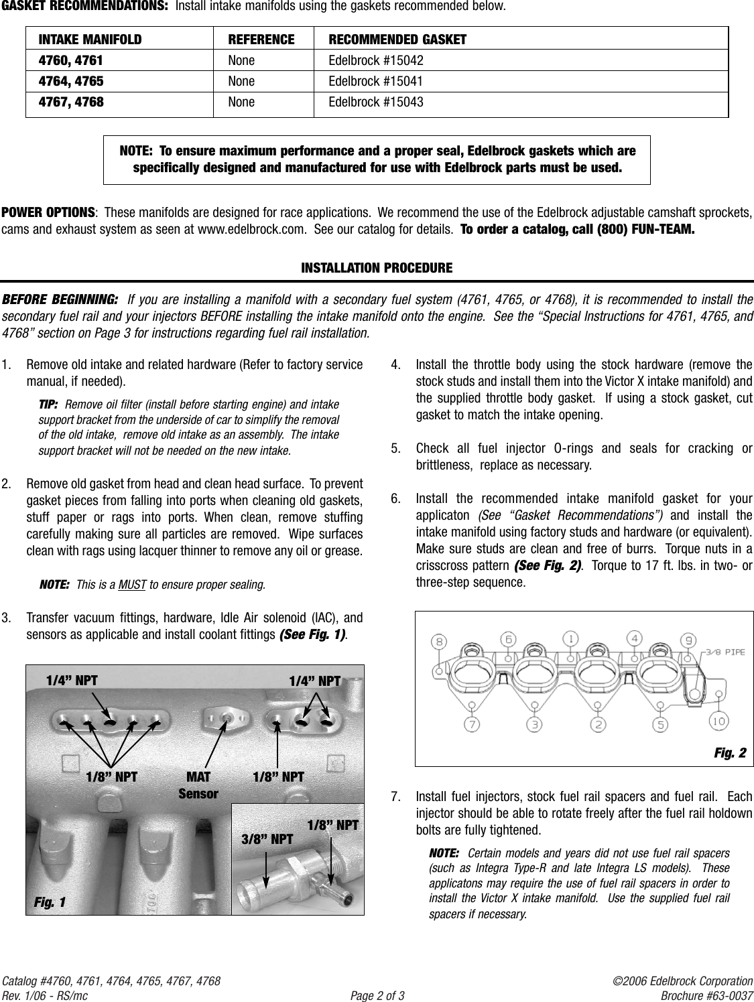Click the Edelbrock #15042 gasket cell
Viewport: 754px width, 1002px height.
375,61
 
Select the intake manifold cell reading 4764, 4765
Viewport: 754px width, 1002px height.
70,82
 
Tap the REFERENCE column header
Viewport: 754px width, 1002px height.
261,40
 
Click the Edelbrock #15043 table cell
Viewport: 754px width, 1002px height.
375,102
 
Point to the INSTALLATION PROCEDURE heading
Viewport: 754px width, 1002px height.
377,269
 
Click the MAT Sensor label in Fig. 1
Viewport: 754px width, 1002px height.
198,785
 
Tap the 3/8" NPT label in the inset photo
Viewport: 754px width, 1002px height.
267,839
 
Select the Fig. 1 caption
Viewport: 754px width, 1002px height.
50,902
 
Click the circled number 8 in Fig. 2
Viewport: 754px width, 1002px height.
440,640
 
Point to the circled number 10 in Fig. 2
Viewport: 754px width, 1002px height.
718,721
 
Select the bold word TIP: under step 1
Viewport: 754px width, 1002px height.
48,405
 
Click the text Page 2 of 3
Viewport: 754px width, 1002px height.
377,995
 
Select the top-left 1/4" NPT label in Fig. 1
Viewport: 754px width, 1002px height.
71,681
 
